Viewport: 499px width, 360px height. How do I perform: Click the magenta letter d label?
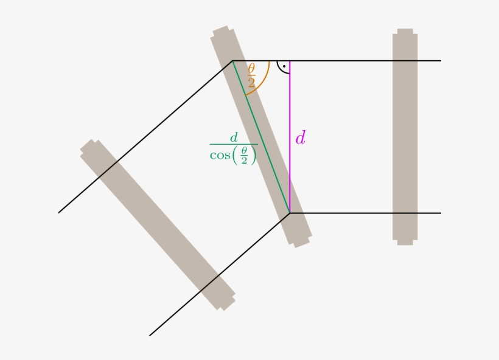click(x=300, y=138)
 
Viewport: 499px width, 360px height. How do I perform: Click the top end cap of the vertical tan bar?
click(x=405, y=31)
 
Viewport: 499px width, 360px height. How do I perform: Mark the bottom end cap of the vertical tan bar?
click(x=405, y=242)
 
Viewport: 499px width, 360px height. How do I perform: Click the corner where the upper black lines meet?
click(x=232, y=61)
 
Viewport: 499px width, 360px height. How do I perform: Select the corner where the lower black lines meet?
click(x=290, y=213)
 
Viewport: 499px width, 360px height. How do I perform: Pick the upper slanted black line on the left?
click(x=146, y=136)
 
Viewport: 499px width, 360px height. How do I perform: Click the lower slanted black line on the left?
click(x=219, y=274)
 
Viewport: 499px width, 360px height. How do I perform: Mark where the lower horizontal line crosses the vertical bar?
click(x=405, y=213)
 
